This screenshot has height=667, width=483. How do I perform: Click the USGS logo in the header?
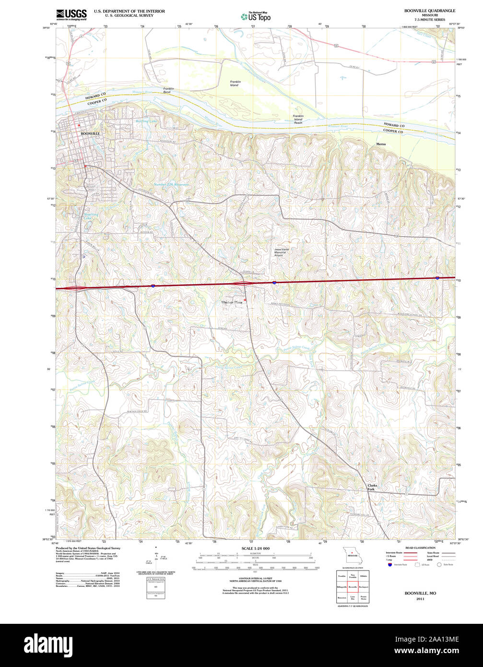[71, 14]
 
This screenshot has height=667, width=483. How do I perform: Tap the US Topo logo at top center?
[255, 16]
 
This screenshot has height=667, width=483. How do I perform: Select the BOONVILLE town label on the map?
[90, 133]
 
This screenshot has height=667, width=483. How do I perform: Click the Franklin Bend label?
[168, 90]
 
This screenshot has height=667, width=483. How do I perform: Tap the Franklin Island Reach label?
[298, 119]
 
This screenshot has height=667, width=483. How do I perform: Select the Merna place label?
[381, 144]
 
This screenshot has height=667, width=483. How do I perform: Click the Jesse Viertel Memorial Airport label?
[282, 252]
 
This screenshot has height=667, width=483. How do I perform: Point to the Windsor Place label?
[232, 302]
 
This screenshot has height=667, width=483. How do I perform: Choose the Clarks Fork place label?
[372, 487]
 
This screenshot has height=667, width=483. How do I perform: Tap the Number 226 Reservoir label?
[171, 185]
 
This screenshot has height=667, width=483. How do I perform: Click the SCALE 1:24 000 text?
[255, 548]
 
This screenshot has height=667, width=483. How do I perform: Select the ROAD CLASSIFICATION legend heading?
[420, 548]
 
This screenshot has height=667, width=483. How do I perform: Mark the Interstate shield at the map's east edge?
[437, 278]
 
